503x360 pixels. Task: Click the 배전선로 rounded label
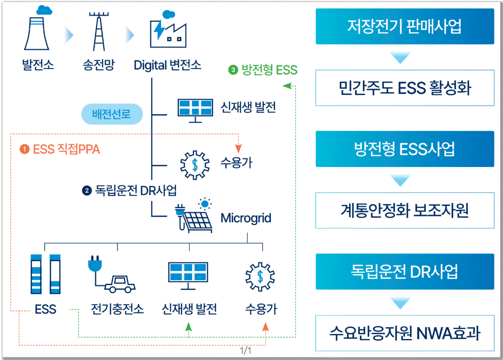click(x=111, y=114)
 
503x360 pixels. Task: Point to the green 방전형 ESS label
click(x=263, y=70)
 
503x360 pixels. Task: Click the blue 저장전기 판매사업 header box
click(x=404, y=26)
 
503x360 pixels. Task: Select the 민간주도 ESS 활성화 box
click(x=404, y=88)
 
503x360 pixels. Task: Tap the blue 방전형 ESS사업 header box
click(x=404, y=149)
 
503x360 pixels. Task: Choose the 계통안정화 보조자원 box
click(x=404, y=210)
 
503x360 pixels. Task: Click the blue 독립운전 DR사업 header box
click(x=404, y=271)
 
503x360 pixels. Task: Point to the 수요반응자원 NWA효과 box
click(x=404, y=333)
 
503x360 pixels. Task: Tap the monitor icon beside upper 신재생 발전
click(x=194, y=109)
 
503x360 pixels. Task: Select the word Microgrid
click(x=246, y=218)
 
